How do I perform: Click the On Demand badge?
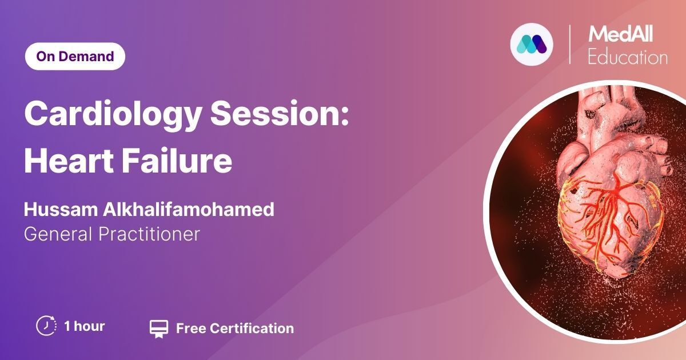(x=75, y=57)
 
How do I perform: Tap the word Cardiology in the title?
(x=113, y=114)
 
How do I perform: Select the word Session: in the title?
(x=280, y=113)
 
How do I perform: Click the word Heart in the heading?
(x=69, y=161)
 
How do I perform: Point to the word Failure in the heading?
(x=177, y=161)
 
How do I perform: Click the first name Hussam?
(x=61, y=210)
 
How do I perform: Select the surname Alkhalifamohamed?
(x=188, y=210)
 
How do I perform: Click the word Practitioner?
(x=149, y=234)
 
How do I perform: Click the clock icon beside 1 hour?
(x=46, y=326)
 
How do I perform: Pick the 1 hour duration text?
(x=85, y=326)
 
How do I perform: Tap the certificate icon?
(x=159, y=329)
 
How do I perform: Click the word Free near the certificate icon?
(x=191, y=329)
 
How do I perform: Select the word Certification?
(x=252, y=329)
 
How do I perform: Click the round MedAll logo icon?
(x=532, y=45)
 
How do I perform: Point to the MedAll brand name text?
(x=620, y=34)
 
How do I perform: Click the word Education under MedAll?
(x=628, y=57)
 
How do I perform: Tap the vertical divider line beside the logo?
(x=569, y=45)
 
